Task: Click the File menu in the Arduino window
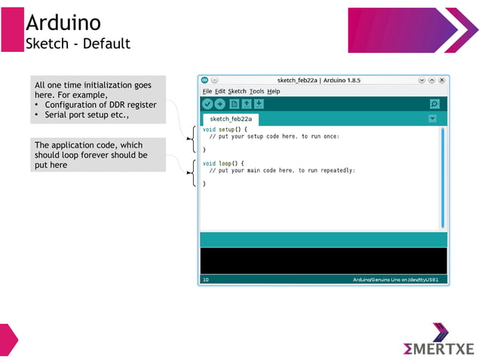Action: pyautogui.click(x=207, y=91)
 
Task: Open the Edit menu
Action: pyautogui.click(x=220, y=91)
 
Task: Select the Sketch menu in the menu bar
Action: pyautogui.click(x=237, y=91)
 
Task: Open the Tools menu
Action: pyautogui.click(x=256, y=91)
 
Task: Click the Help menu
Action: pyautogui.click(x=273, y=91)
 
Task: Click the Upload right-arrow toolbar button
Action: pyautogui.click(x=219, y=104)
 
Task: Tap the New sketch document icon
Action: pyautogui.click(x=234, y=104)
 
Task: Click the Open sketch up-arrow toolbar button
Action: pyautogui.click(x=247, y=104)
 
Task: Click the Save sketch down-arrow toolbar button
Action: pyautogui.click(x=259, y=104)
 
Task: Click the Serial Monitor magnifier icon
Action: pyautogui.click(x=434, y=104)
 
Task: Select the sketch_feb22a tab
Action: pyautogui.click(x=231, y=118)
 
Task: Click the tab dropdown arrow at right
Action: pyautogui.click(x=432, y=118)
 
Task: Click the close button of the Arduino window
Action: pyautogui.click(x=443, y=79)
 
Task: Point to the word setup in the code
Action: pyautogui.click(x=227, y=130)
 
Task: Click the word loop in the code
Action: pyautogui.click(x=225, y=163)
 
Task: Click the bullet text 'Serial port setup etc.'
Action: pyautogui.click(x=81, y=115)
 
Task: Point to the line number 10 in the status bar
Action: pyautogui.click(x=206, y=279)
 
